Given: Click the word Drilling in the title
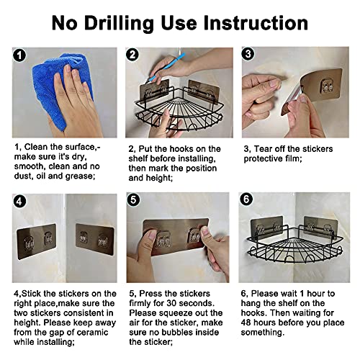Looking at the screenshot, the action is coord(119,24).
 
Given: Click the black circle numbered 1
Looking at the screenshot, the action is coord(19,55).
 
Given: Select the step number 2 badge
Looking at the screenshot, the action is coord(132,55).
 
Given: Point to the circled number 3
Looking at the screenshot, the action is coord(248,54).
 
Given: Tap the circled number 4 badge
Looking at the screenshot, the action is coord(19,201).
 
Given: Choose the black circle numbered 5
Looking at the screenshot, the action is coord(133,199).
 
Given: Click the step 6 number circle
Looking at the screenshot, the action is coord(246,199).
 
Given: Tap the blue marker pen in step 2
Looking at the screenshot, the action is coord(167,68).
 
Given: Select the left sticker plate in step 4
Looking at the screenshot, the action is coord(37,241).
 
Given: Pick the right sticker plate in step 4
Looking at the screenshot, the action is coord(94,239).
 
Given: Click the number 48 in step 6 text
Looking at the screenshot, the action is coord(246,323).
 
